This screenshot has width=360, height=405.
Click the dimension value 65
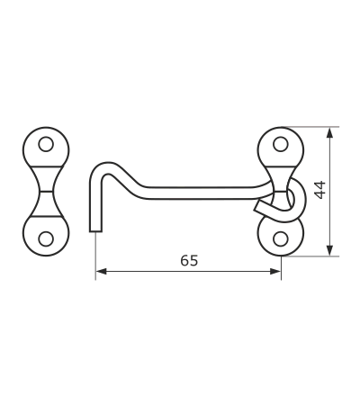pyautogui.click(x=189, y=260)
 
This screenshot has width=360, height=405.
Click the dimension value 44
pyautogui.click(x=319, y=190)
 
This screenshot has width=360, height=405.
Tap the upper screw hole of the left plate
pyautogui.click(x=46, y=144)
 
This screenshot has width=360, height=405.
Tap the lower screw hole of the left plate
pyautogui.click(x=46, y=239)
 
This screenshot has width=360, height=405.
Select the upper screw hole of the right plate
pyautogui.click(x=281, y=144)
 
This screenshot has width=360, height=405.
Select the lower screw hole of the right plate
pyautogui.click(x=281, y=239)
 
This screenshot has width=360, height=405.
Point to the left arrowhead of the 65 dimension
pyautogui.click(x=101, y=272)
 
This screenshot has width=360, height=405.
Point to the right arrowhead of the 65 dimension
pyautogui.click(x=275, y=272)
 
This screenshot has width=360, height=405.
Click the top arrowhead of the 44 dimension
pyautogui.click(x=329, y=132)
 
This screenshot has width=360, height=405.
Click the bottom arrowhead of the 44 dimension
pyautogui.click(x=329, y=250)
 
